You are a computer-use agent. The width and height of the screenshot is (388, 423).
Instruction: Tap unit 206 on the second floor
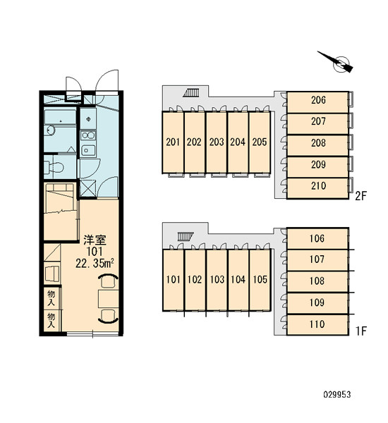pos(317,102)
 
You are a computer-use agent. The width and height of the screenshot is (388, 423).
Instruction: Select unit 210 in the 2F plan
pos(317,188)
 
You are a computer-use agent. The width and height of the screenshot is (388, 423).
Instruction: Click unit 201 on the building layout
pos(173,142)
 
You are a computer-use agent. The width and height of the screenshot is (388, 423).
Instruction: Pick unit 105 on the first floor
pos(260,280)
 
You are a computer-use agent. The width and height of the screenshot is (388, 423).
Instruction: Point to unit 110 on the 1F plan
pos(317,324)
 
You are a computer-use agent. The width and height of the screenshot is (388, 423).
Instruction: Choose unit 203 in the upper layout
pos(217,142)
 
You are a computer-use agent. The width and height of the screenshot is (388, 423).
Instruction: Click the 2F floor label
pos(361,196)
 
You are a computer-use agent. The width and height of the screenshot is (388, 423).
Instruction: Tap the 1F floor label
pos(361,331)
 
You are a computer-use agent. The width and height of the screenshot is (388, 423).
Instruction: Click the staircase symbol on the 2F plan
pos(191,93)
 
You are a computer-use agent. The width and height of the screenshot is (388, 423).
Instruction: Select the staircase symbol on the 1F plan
pos(186,236)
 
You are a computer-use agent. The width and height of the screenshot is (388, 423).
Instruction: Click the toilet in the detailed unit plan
pos(54,167)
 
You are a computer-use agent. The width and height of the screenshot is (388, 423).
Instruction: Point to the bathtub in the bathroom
pos(60,116)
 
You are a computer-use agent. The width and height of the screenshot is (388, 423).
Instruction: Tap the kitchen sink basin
pos(88,150)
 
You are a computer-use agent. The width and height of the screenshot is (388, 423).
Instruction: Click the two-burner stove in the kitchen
pos(88,135)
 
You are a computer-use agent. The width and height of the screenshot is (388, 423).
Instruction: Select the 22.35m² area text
pos(95,264)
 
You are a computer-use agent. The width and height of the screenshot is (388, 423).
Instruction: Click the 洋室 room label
pos(95,240)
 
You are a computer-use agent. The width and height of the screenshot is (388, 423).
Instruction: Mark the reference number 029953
pos(337,395)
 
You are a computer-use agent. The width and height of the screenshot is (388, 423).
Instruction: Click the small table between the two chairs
pos(108,299)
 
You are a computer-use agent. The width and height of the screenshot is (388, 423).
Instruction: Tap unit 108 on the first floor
pos(317,281)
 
